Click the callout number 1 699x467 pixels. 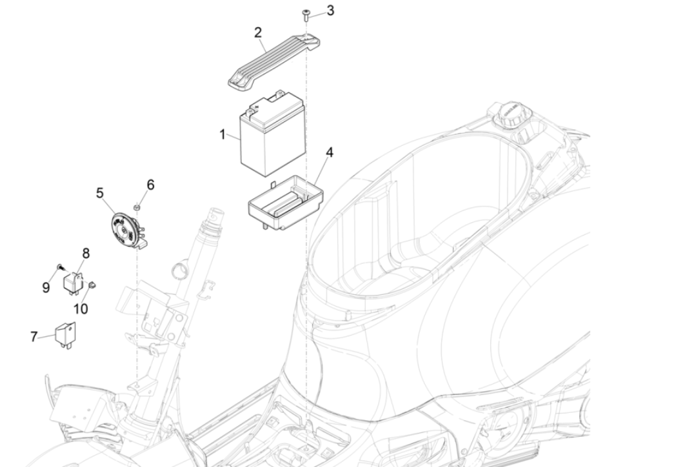click(223, 135)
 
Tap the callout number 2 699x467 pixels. click(258, 32)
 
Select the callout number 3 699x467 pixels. click(330, 11)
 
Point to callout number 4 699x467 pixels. click(329, 152)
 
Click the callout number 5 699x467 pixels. click(99, 193)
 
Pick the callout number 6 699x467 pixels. click(150, 185)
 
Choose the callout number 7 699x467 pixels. click(34, 336)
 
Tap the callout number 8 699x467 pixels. click(86, 253)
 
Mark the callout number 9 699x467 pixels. click(46, 287)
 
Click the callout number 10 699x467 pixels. click(80, 309)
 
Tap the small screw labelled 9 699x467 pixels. click(61, 266)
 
